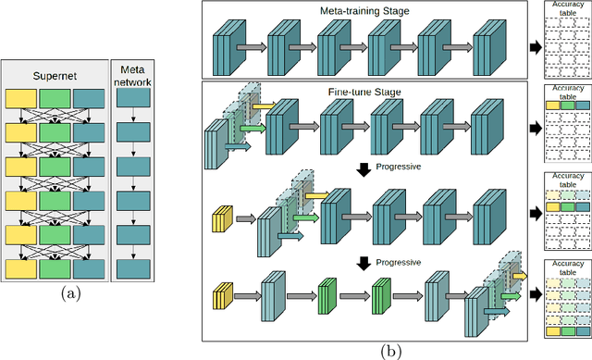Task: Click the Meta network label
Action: [135, 73]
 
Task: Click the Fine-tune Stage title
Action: [364, 93]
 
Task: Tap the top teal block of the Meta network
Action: [135, 96]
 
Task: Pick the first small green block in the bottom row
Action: [327, 297]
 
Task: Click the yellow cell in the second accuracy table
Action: [552, 106]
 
